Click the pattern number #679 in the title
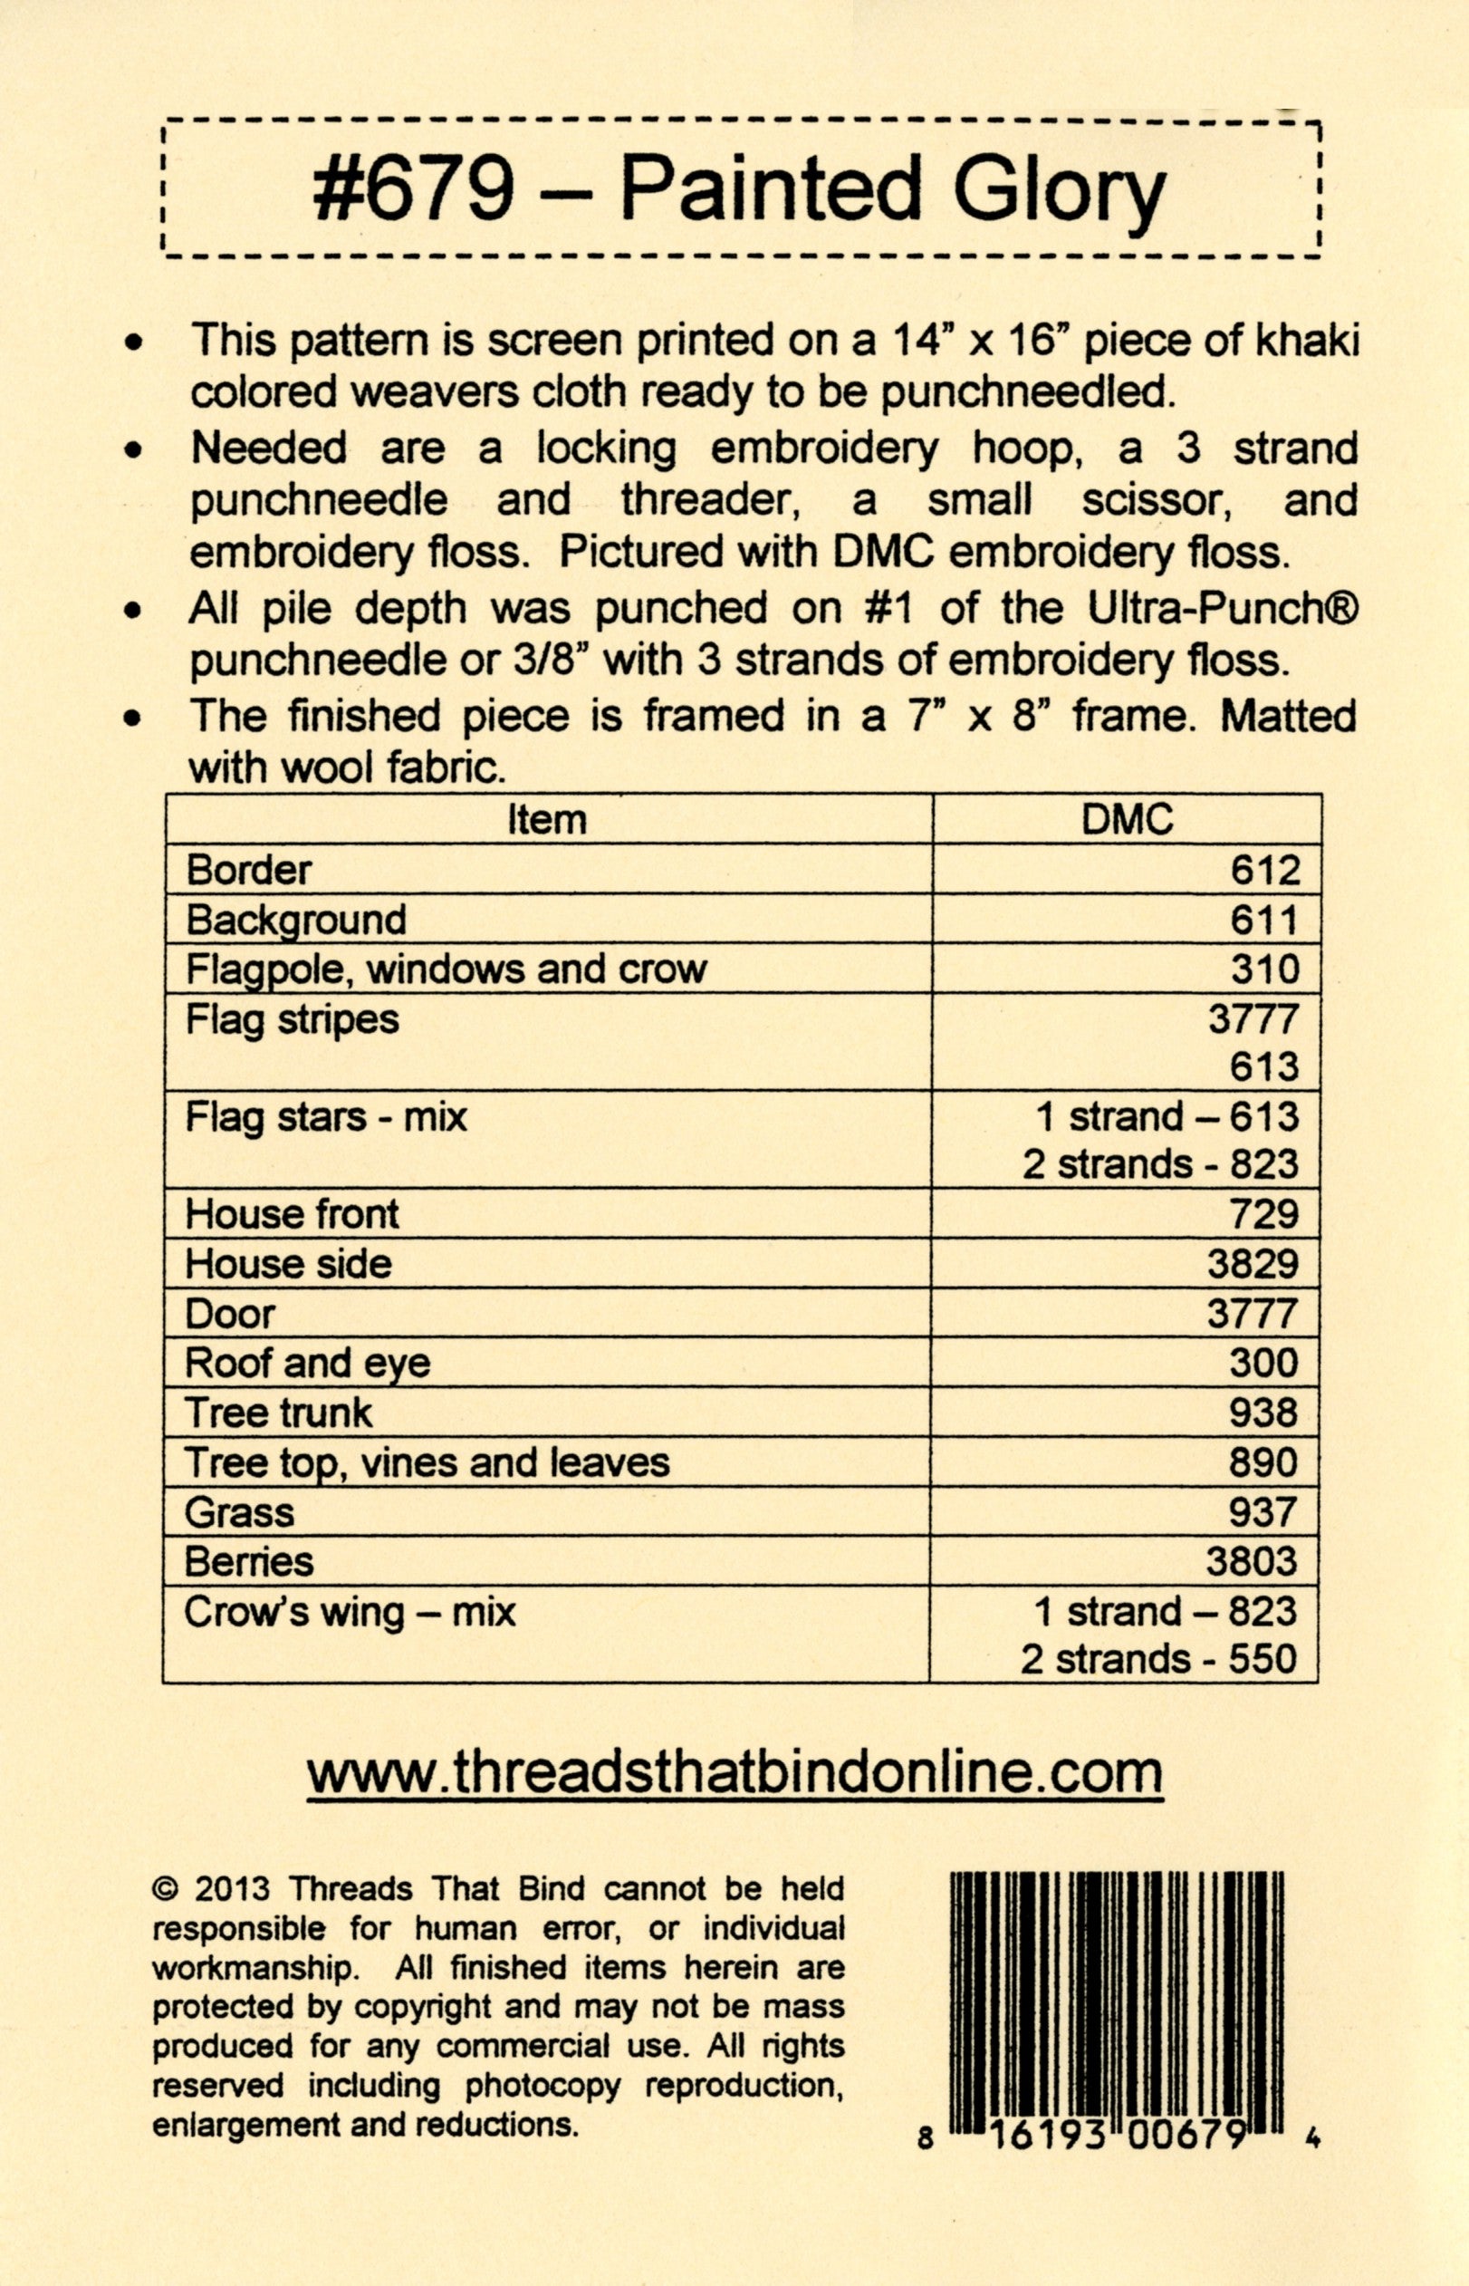pyautogui.click(x=413, y=187)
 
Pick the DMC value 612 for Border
pyautogui.click(x=1264, y=870)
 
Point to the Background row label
pyautogui.click(x=296, y=921)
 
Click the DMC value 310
pyautogui.click(x=1264, y=969)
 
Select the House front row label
pyautogui.click(x=292, y=1213)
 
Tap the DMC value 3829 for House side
pyautogui.click(x=1253, y=1263)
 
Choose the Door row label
pyautogui.click(x=230, y=1314)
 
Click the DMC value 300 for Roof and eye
pyautogui.click(x=1264, y=1363)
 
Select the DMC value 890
pyautogui.click(x=1264, y=1462)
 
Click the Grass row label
pyautogui.click(x=239, y=1512)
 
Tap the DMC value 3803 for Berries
pyautogui.click(x=1253, y=1562)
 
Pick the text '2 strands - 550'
pyautogui.click(x=1159, y=1660)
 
